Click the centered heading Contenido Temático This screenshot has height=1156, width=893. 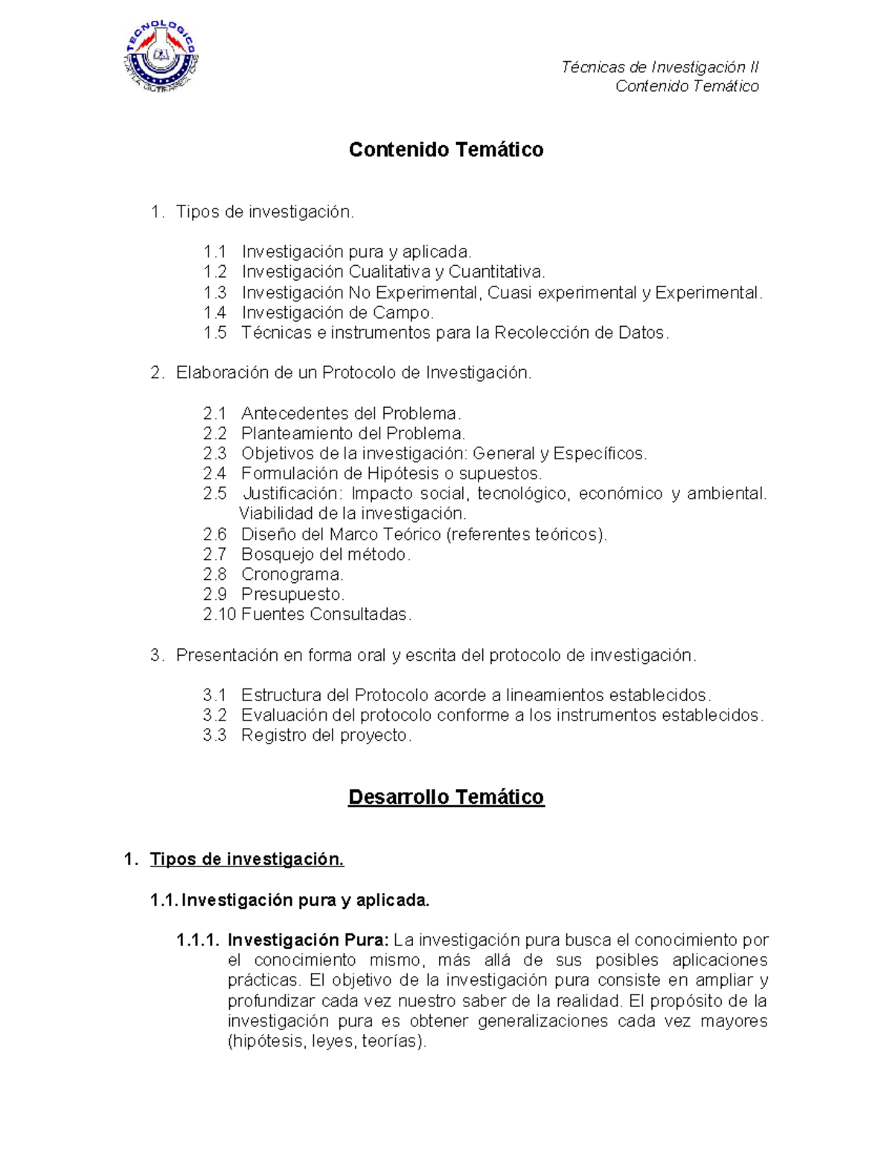coord(446,150)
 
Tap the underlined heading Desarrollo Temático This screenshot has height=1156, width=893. coord(446,797)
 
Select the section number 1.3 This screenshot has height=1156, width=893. coord(215,293)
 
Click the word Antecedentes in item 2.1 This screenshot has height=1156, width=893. coord(295,413)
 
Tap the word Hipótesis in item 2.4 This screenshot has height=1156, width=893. coord(402,473)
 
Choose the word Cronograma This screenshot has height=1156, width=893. coord(291,575)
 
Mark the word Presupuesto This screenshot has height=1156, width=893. coord(292,595)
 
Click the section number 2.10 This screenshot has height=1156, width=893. coord(220,615)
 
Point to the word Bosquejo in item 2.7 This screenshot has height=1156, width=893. coord(277,555)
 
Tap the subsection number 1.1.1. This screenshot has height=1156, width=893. coord(198,940)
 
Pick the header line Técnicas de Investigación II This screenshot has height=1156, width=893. coord(659,67)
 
